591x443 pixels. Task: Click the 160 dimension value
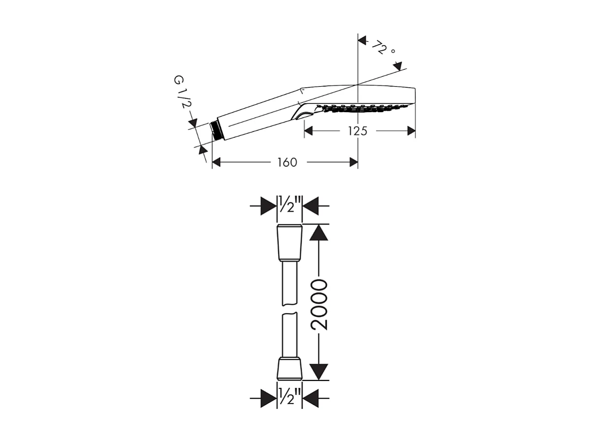point(287,162)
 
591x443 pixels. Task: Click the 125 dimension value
point(357,131)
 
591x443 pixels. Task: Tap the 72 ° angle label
point(383,49)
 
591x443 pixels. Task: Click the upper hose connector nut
point(289,242)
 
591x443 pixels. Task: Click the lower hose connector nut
point(289,368)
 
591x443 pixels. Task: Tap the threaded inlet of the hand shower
point(215,129)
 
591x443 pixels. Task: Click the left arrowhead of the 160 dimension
point(217,162)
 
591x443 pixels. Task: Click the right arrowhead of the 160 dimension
point(353,162)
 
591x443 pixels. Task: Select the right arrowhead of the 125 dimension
point(410,131)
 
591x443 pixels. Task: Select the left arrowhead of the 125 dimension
point(309,131)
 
